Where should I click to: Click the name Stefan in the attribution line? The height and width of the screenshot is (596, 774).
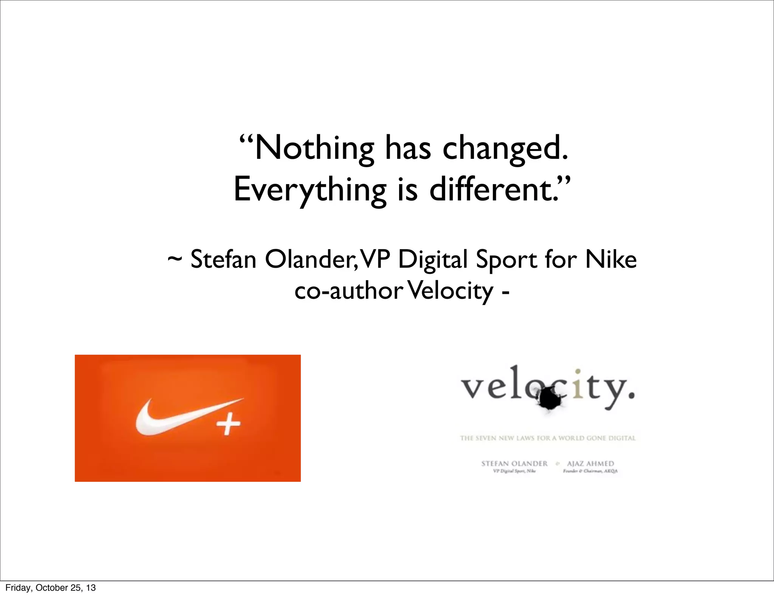point(223,260)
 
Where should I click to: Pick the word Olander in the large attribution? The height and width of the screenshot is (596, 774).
point(308,260)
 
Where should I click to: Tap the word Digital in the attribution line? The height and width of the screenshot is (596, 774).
point(433,260)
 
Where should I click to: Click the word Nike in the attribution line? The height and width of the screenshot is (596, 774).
point(611,260)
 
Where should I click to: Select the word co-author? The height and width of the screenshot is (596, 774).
point(348,291)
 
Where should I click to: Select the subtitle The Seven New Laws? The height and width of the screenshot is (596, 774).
point(548,438)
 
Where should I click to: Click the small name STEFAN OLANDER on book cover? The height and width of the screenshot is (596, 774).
point(514,464)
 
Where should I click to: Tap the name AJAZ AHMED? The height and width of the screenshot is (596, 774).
point(590,464)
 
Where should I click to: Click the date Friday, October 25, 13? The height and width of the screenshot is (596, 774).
point(51,588)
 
